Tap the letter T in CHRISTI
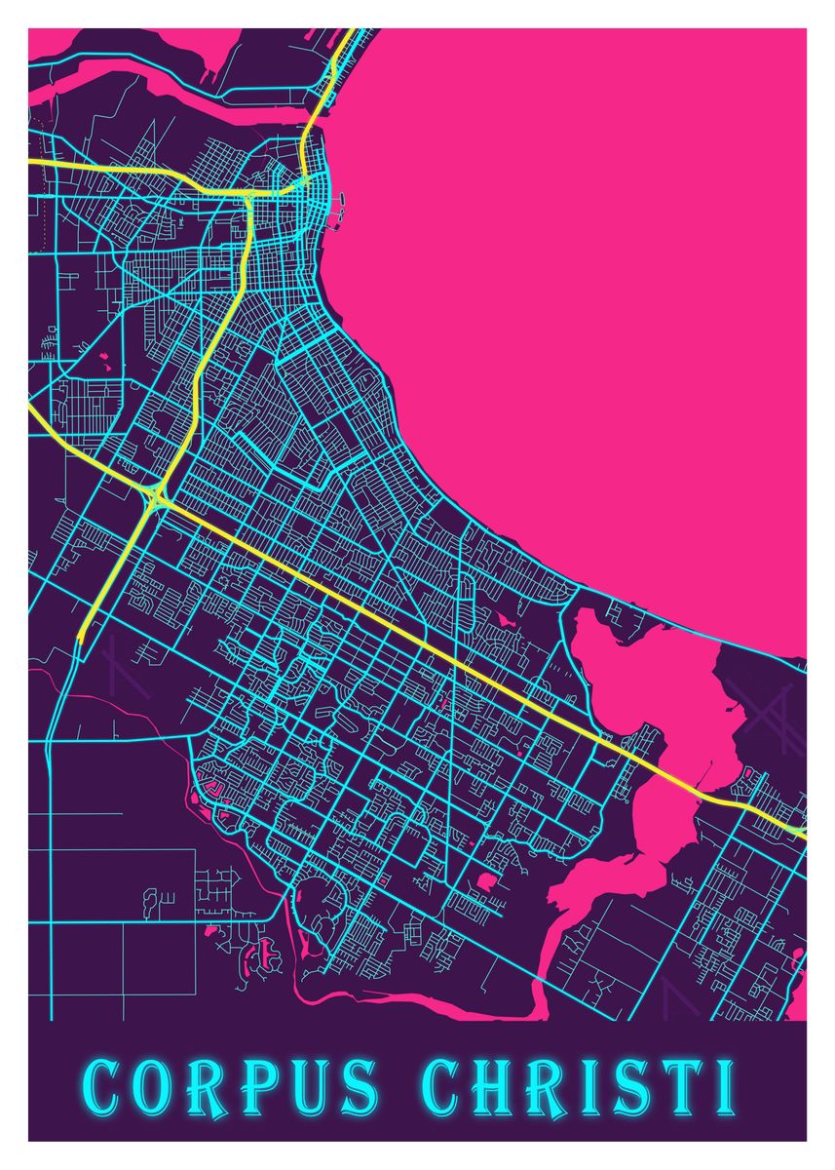tap(681, 1087)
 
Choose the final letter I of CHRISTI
tap(722, 1087)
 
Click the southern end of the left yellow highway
tap(81, 636)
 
